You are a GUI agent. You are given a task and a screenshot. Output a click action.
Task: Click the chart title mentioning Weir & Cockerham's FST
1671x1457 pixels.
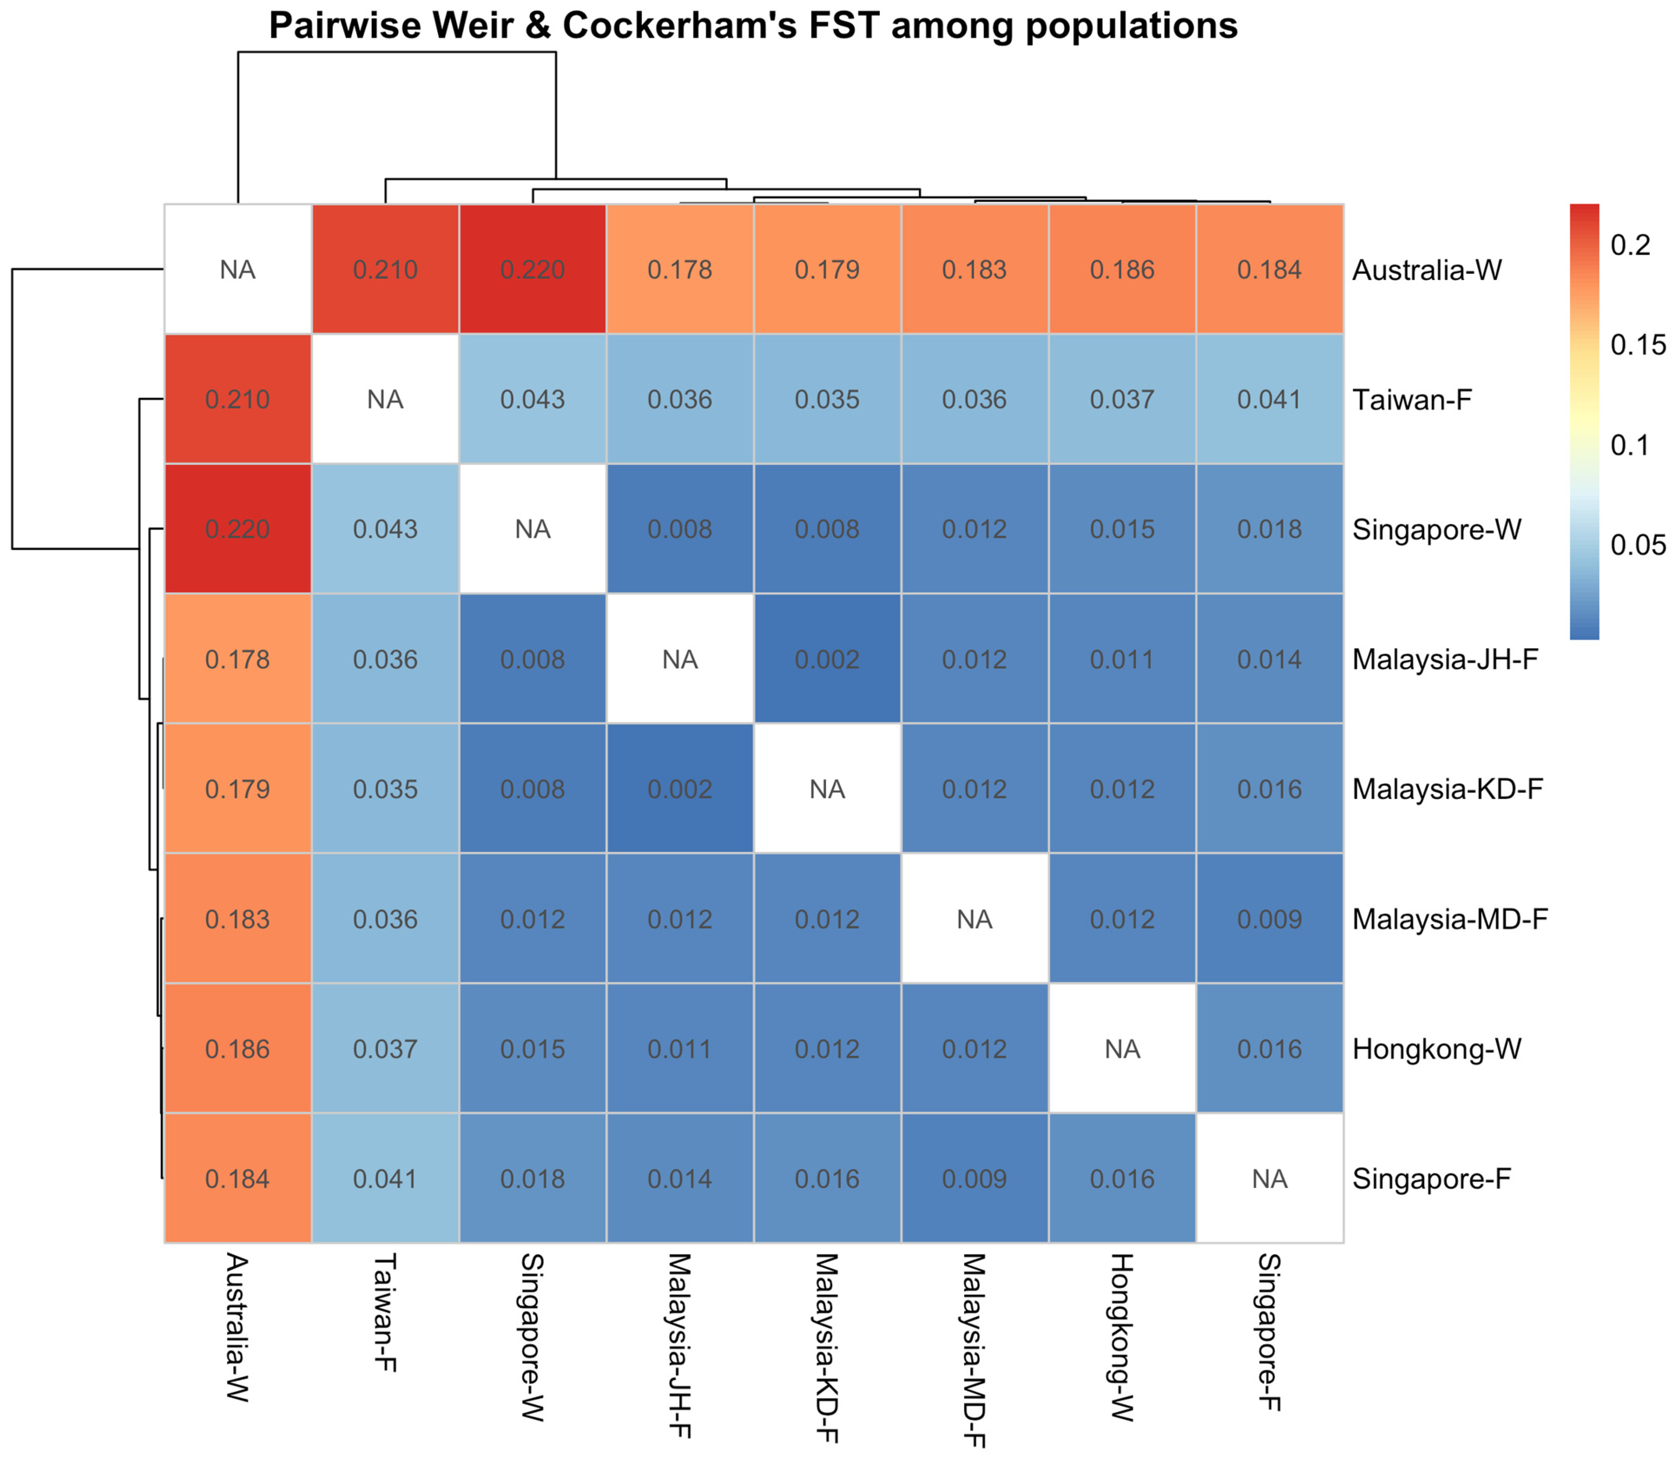pos(753,26)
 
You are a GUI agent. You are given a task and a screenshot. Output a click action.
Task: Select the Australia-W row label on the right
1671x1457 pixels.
pos(1426,270)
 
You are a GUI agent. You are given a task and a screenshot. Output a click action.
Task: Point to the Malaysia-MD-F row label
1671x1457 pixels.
pos(1450,919)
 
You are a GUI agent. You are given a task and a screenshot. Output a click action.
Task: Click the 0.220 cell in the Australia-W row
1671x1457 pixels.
pos(533,269)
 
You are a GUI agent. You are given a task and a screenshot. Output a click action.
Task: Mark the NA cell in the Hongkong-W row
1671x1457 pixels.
pos(1122,1049)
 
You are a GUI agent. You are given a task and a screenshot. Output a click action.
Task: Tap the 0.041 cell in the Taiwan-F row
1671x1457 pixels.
pos(1269,399)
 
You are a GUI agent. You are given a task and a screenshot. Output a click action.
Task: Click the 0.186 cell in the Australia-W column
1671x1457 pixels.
pos(237,1049)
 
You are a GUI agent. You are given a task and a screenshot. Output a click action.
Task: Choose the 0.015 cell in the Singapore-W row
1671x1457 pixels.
pos(1122,529)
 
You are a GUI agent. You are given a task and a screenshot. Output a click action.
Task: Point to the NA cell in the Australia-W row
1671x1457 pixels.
pos(237,269)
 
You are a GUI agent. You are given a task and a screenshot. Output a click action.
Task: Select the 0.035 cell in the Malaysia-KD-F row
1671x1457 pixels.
pos(385,789)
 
